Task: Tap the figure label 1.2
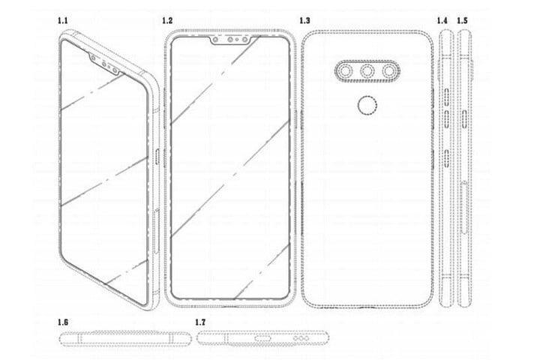pyautogui.click(x=166, y=20)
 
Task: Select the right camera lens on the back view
pyautogui.click(x=391, y=72)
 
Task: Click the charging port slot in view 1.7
pyautogui.click(x=263, y=338)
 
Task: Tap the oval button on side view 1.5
pyautogui.click(x=465, y=116)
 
